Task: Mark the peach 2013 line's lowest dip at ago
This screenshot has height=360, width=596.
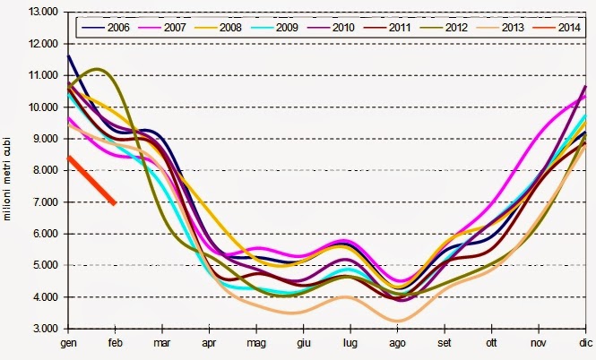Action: coord(398,320)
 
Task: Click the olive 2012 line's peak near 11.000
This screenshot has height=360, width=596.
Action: coord(97,69)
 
